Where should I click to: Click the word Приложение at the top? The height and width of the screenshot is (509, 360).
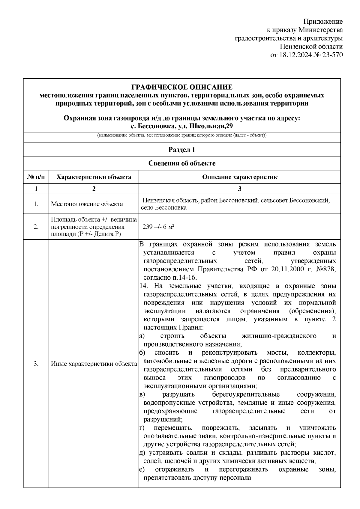coord(323,22)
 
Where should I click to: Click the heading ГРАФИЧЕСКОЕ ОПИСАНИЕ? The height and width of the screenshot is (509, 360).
coord(182,87)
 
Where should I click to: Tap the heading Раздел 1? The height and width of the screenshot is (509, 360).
coord(182,150)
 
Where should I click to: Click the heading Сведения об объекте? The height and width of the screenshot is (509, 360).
coord(182,163)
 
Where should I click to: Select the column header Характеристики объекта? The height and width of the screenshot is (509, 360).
coord(94,177)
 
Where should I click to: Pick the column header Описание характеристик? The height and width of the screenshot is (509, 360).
coord(239,177)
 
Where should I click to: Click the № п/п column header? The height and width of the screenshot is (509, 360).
coord(36,177)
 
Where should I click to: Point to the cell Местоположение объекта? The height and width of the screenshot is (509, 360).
coord(87,204)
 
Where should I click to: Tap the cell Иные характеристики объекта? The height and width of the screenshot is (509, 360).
coord(94,364)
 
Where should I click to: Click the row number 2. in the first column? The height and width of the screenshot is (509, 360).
coord(36,227)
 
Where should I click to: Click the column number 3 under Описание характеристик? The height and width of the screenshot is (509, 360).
coord(239,189)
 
